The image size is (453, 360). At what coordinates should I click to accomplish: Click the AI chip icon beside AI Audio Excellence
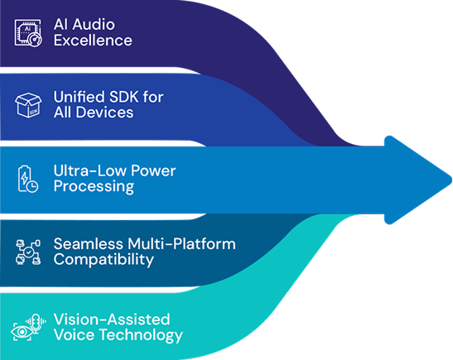28,32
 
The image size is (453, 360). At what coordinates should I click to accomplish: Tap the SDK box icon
28,105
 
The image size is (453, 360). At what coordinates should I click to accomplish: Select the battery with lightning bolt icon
27,179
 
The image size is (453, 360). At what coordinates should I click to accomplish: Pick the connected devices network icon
28,252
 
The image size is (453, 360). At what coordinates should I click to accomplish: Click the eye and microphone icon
28,327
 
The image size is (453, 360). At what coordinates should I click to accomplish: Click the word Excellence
93,41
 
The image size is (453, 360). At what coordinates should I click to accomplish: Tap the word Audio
94,24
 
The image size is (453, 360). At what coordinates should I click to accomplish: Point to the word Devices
104,113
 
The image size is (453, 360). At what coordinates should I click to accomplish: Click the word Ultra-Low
90,170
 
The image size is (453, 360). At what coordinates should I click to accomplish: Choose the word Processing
94,186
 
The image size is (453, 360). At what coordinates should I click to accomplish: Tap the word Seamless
88,244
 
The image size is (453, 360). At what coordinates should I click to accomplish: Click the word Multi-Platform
181,244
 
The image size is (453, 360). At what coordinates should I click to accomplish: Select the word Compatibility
104,260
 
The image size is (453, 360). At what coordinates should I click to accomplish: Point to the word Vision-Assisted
112,319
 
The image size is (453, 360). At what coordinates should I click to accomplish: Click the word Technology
142,335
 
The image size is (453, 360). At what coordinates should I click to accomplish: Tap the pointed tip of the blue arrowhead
451,180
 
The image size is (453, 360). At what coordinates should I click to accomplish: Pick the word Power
153,170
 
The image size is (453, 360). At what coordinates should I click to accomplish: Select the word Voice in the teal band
75,335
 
